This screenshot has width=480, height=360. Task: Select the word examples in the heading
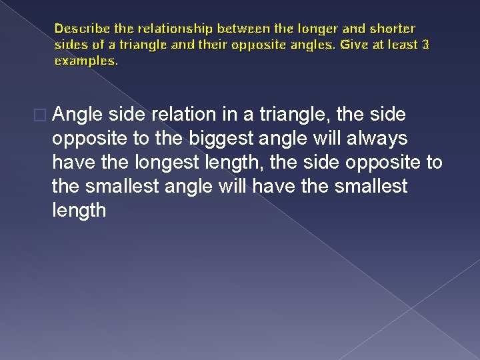(85, 61)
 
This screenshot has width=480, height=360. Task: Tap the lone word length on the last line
(79, 210)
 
